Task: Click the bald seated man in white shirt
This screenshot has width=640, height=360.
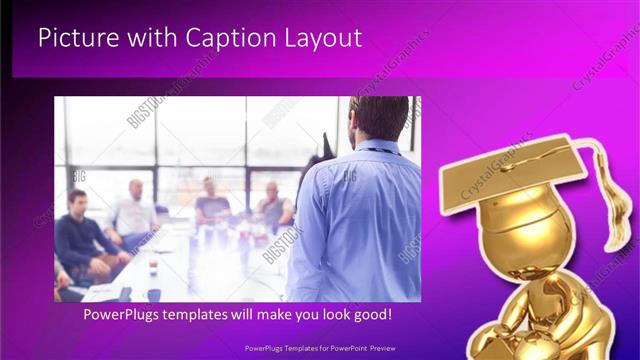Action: [135, 212]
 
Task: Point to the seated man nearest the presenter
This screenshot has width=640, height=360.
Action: [273, 205]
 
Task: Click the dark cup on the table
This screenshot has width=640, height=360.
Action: [153, 292]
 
